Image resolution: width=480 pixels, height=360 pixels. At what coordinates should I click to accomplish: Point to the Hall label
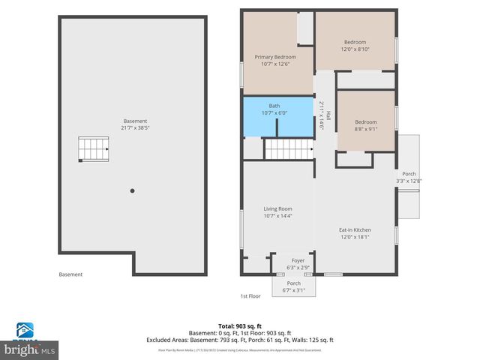coord(328,115)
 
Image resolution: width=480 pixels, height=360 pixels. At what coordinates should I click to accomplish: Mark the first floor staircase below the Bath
coord(288,149)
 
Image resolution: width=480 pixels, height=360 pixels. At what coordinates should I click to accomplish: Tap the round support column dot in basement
coord(132,190)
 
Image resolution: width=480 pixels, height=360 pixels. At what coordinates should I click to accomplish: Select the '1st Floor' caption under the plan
coord(250,296)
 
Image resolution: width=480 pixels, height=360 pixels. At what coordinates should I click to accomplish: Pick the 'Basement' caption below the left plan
coord(70,274)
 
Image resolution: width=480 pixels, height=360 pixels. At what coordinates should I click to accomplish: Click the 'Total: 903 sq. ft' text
coord(239,326)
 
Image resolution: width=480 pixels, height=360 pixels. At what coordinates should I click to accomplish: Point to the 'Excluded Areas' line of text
coord(239,340)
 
